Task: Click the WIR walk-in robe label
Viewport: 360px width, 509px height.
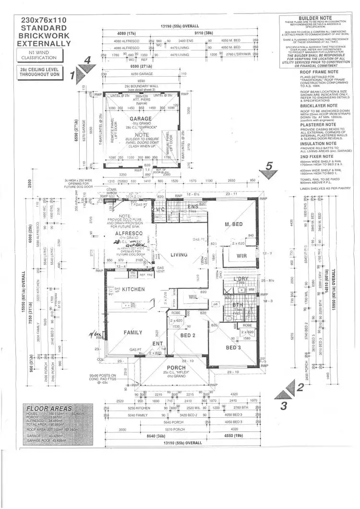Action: point(242,256)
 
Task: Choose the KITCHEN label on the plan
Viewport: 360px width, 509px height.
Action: point(134,290)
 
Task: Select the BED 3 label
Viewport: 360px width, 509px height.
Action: point(234,347)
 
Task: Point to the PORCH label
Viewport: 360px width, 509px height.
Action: point(175,368)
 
